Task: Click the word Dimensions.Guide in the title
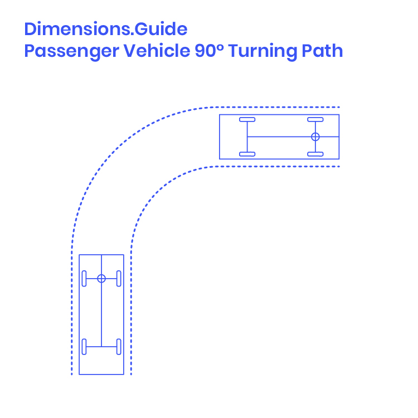(105, 28)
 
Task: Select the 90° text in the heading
(208, 51)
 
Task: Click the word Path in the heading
(322, 51)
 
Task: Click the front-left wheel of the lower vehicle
(84, 279)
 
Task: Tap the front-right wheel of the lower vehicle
(119, 279)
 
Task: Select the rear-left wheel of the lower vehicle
(84, 346)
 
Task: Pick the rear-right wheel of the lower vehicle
(119, 346)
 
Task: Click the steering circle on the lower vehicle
(101, 279)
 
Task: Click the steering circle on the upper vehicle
(315, 137)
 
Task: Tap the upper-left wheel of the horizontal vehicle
(247, 119)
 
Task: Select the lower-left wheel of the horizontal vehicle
(247, 154)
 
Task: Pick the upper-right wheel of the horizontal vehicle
(315, 119)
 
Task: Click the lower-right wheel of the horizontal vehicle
(315, 154)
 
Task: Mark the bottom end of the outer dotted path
(72, 373)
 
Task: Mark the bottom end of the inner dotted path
(132, 373)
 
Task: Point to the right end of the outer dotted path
(338, 106)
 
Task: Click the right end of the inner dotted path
(338, 166)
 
